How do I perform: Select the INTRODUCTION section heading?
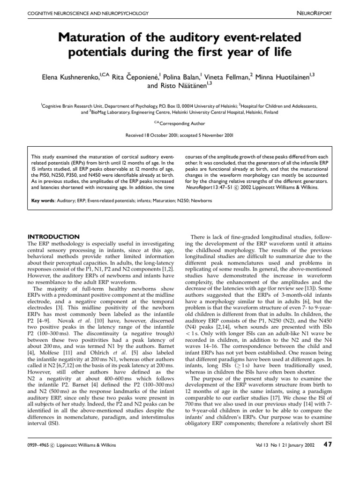[53, 237]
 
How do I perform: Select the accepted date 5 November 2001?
[210, 135]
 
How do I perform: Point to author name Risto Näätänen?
[183, 86]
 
